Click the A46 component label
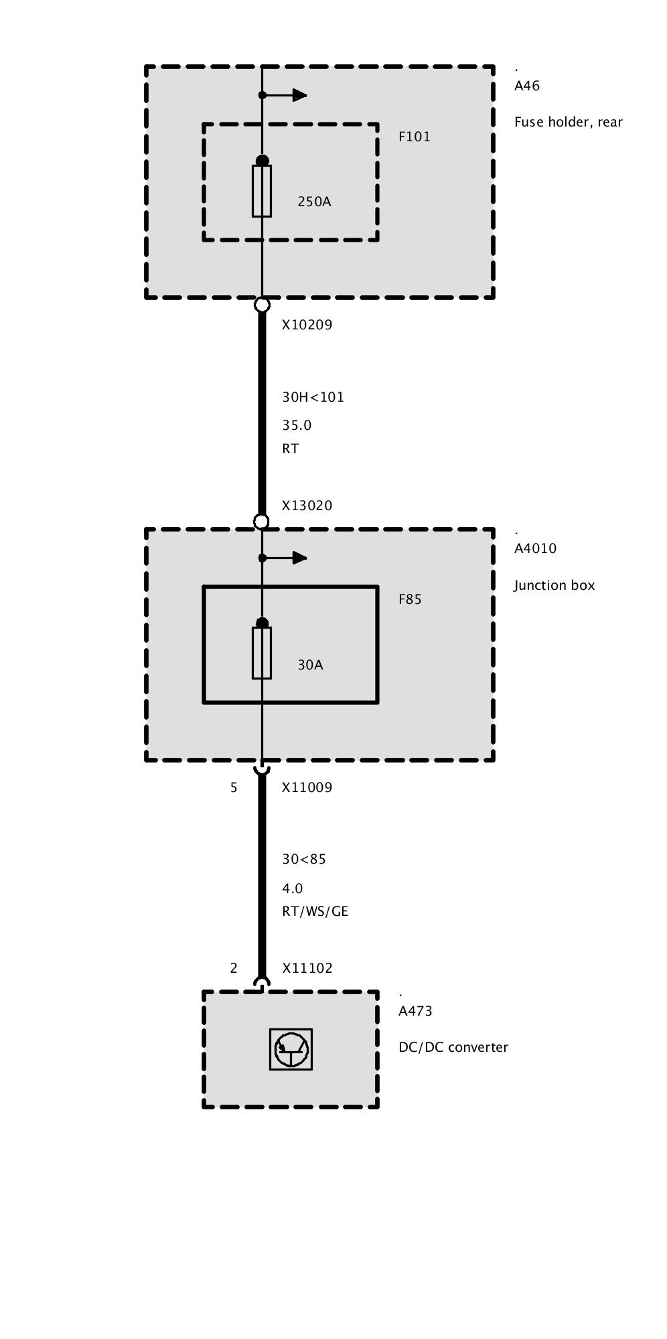coord(527,86)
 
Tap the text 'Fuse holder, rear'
coord(568,123)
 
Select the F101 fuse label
coord(415,137)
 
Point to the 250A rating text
coord(314,202)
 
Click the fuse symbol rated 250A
coord(262,191)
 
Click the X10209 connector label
coord(307,325)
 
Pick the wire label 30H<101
coord(313,397)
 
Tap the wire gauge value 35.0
coord(297,426)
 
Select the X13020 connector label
coord(307,506)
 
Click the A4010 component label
coord(535,549)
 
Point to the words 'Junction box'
coord(554,586)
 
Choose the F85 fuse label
coord(410,600)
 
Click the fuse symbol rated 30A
coord(262,653)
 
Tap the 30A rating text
coord(310,665)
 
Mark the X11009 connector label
coord(307,788)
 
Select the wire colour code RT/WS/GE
coord(315,912)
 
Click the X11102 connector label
coord(307,969)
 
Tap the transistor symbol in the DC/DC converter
coord(291,1049)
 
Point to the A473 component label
coord(415,1012)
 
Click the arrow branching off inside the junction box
coord(292,558)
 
